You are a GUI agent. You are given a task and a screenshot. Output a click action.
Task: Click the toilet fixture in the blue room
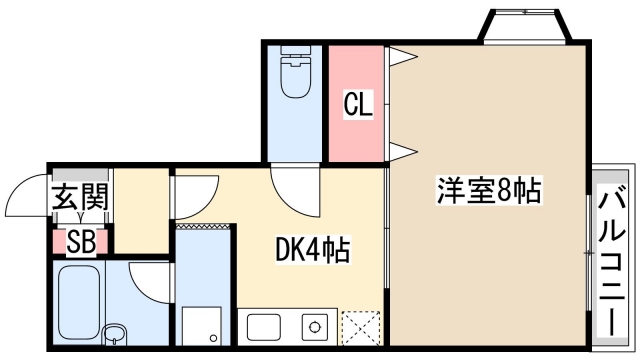[297, 76]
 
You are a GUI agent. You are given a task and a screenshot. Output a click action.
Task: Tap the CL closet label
[358, 103]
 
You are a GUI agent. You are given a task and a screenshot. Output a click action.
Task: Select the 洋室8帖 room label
[488, 189]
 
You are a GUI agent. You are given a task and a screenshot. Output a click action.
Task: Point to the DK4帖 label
[312, 250]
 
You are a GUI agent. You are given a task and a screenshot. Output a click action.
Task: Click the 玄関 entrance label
[79, 200]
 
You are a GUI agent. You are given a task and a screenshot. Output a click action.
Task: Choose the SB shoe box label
[80, 242]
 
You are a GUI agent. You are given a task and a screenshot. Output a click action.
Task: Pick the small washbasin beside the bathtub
[114, 333]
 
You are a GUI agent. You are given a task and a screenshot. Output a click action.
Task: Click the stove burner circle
[313, 327]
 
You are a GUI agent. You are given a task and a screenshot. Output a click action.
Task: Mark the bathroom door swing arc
[147, 282]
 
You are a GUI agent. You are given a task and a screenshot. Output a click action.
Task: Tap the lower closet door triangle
[399, 151]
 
